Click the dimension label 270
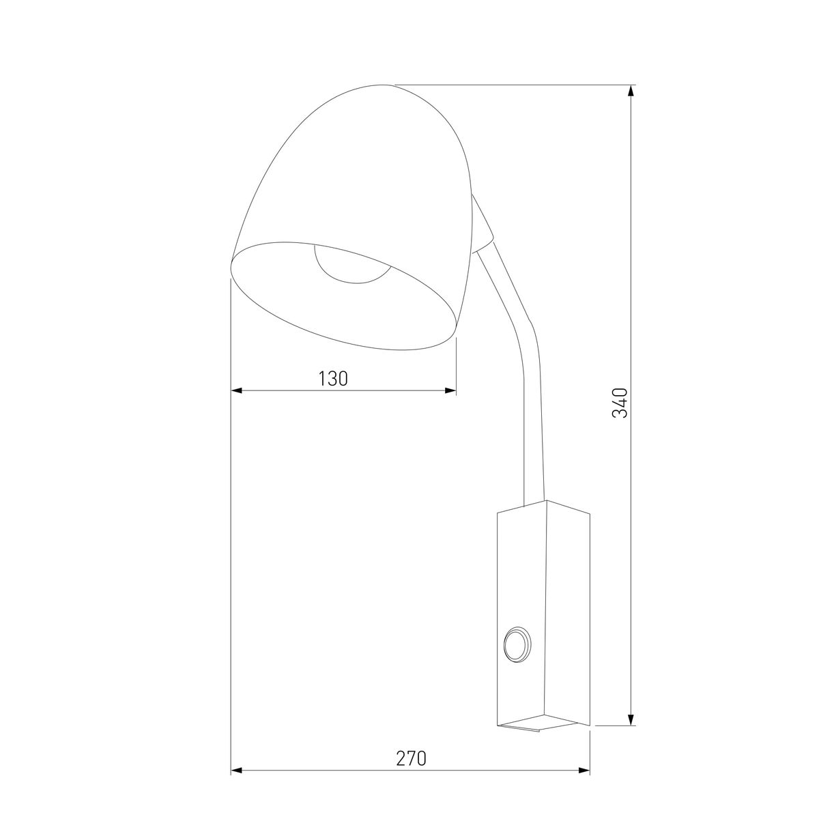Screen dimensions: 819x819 [411, 758]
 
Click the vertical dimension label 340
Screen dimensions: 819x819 [619, 403]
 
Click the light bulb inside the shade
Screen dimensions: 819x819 [349, 266]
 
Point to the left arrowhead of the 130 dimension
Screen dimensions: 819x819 [237, 391]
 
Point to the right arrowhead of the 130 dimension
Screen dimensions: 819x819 [450, 391]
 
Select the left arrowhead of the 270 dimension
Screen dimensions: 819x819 [237, 771]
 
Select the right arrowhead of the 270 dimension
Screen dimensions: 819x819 [584, 771]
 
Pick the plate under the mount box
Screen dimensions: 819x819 [539, 728]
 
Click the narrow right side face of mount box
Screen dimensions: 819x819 [568, 614]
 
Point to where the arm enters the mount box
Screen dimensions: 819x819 [534, 503]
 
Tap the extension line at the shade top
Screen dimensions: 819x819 [512, 85]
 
